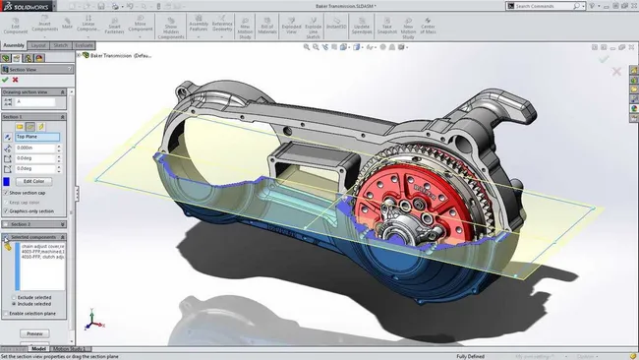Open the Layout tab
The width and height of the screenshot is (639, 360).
tap(38, 45)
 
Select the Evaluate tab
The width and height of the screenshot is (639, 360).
tap(85, 45)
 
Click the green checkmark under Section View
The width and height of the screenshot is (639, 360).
tap(7, 80)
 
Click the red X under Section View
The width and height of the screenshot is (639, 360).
tap(17, 80)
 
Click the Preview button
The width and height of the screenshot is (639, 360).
tap(34, 333)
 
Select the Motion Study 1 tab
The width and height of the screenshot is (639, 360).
tap(71, 348)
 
